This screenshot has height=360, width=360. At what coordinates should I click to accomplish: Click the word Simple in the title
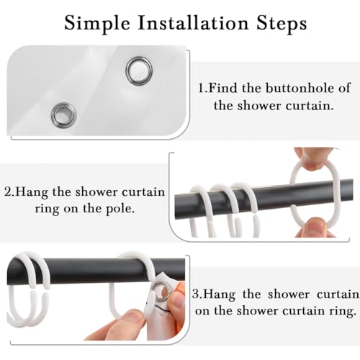click(x=97, y=24)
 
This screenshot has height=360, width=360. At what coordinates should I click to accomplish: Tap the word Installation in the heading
click(x=193, y=23)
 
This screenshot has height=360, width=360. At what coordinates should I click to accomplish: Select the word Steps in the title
click(x=282, y=24)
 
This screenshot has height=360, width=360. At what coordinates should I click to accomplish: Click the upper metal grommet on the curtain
click(x=139, y=71)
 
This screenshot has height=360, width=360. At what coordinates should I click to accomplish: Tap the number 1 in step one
click(x=201, y=88)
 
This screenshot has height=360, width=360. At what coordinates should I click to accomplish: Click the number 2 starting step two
click(x=8, y=192)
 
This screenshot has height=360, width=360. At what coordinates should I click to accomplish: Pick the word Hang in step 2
click(x=32, y=193)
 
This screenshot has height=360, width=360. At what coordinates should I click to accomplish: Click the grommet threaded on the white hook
click(x=161, y=292)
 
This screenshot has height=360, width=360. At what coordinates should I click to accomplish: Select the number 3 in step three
click(x=196, y=294)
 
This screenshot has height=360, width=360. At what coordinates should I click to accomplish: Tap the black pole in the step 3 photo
click(x=96, y=270)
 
